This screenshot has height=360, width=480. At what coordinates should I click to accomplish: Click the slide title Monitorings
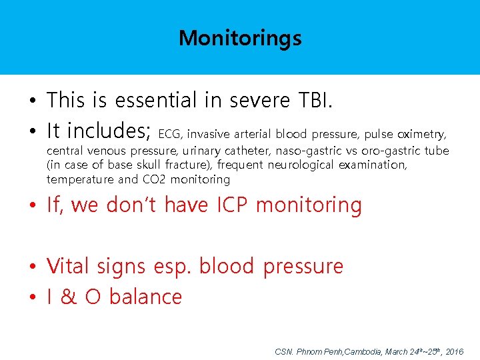pos(240,38)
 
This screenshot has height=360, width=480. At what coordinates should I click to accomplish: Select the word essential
pos(157,101)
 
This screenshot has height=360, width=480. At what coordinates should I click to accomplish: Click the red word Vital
pos(69,266)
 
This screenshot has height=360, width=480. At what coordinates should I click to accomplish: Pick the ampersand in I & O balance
pos(69,297)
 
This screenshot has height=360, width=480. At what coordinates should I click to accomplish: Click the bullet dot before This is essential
pos(32,102)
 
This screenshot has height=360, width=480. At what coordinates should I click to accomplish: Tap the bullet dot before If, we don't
pos(32,207)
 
